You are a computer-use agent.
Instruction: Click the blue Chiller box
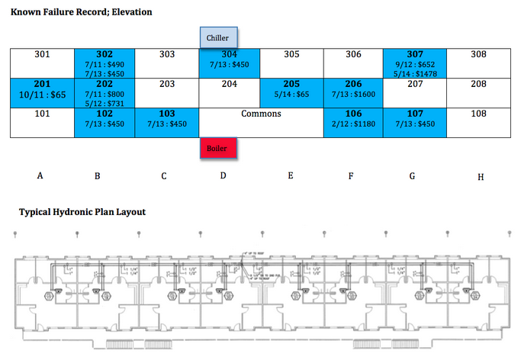pos(219,37)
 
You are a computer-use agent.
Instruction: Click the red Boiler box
pos(219,148)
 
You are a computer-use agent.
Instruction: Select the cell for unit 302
pos(105,63)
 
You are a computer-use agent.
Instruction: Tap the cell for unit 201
pos(42,92)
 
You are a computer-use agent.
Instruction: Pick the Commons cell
pos(261,122)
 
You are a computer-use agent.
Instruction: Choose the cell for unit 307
pos(415,63)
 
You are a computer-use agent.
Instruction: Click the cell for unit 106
pos(353,122)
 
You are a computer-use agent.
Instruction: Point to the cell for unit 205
pos(291,92)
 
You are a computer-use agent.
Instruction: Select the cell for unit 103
pos(166,122)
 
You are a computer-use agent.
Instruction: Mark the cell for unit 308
pos(478,63)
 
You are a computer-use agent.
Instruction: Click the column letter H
pos(481,177)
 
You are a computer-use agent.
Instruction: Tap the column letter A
pos(40,175)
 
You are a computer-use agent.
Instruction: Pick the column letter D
pos(223,175)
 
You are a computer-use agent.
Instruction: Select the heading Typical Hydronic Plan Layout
pos(82,212)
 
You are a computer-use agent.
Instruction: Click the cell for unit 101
pos(42,122)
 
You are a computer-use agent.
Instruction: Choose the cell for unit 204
pos(230,92)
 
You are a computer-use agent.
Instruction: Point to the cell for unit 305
pos(291,63)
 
